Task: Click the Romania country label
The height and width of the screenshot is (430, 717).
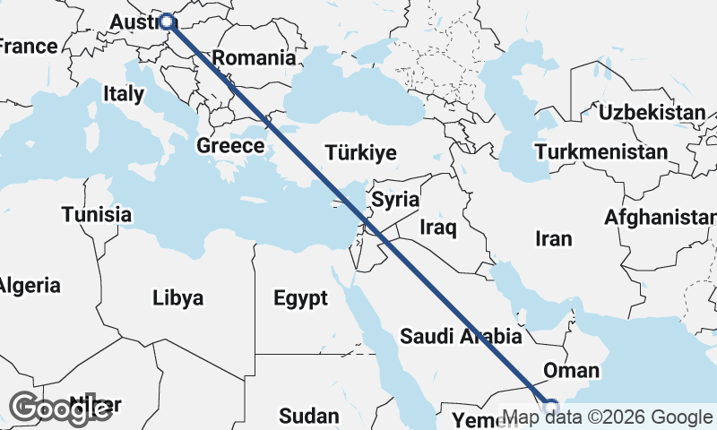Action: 254,58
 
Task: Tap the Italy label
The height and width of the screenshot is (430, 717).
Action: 124,93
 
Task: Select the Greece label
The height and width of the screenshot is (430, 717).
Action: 230,146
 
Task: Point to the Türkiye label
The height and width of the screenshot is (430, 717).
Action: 361,153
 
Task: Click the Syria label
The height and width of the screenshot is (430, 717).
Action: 395,200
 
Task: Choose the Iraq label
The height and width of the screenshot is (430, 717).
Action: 437,228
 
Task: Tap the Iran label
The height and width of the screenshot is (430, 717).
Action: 553,239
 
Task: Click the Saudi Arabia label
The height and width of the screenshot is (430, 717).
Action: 461,337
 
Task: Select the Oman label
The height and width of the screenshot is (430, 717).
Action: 572,371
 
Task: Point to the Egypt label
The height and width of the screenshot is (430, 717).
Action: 300,298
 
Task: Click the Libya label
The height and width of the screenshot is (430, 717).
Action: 177,297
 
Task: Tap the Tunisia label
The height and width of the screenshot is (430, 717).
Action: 97,215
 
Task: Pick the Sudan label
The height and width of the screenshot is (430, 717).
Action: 308,416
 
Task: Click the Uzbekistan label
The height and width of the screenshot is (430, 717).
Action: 652,113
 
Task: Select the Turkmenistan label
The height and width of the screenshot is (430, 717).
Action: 600,152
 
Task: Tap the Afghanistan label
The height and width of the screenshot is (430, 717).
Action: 661,218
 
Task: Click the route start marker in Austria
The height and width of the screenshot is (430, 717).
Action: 167,21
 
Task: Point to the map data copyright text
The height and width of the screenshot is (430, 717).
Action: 608,417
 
